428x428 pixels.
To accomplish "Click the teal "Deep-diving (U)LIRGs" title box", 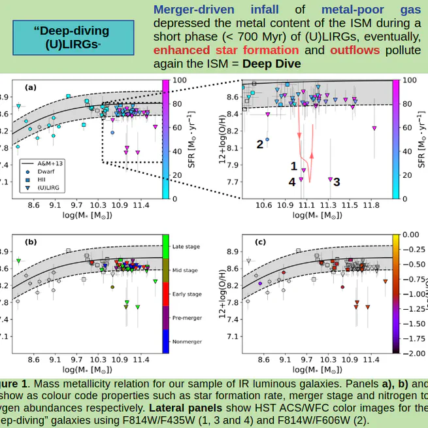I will (71, 37).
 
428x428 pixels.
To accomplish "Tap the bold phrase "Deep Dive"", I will (271, 64).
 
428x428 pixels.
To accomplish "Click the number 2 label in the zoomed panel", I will (259, 144).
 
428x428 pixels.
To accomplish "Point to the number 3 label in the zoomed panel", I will (337, 182).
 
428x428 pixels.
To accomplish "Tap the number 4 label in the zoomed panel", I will (291, 182).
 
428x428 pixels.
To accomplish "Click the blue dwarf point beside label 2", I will (267, 140).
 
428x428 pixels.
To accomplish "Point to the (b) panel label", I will (31, 242).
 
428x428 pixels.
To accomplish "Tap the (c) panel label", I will (260, 242).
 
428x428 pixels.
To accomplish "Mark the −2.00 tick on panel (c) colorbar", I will (410, 354).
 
